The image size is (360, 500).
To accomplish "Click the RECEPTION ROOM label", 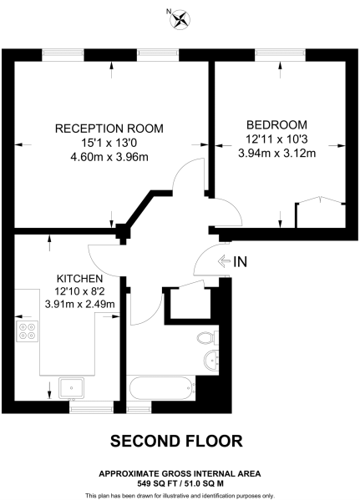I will (x=109, y=129).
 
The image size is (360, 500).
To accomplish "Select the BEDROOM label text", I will (x=271, y=124).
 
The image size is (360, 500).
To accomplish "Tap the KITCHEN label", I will (x=79, y=278).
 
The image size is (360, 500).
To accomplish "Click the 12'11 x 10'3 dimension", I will (x=271, y=139).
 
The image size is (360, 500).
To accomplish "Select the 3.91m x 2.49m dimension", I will (x=79, y=304).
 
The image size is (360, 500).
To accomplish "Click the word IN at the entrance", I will (x=241, y=262).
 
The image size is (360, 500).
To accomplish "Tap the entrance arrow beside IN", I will (x=223, y=262).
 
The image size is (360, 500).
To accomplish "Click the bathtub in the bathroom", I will (x=160, y=390).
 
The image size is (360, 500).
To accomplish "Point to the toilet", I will (x=209, y=338).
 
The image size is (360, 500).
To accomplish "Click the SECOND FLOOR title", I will (x=176, y=441).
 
